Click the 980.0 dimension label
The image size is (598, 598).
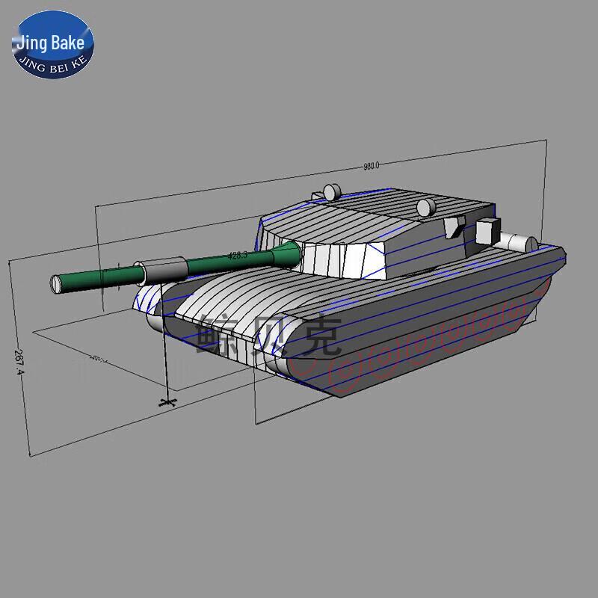coord(372,166)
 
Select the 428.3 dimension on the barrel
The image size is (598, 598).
coord(237,256)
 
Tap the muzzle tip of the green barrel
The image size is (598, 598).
coord(56,284)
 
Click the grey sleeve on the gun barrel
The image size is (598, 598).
coord(158,267)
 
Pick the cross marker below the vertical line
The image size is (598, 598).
coord(167,403)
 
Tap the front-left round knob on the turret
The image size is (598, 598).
coord(331,192)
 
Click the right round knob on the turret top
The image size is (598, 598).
coord(425,207)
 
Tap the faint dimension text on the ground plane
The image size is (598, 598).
coord(97,360)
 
